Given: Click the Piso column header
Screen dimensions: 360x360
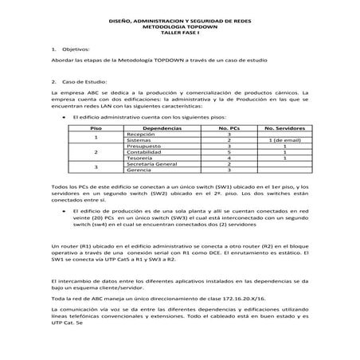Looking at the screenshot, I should (96, 128).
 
